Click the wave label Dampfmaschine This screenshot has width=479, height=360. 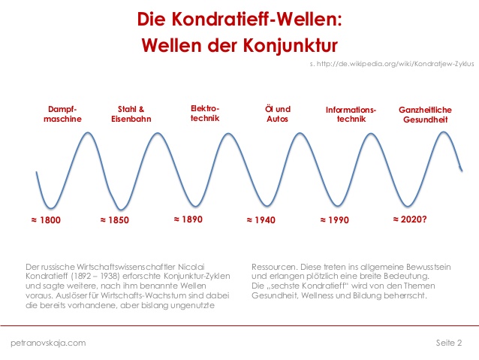[x=62, y=113]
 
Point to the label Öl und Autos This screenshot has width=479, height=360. [x=278, y=113]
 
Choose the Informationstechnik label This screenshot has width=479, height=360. [x=351, y=113]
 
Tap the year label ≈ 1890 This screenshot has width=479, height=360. [x=188, y=219]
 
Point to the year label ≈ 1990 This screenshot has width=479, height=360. [x=334, y=220]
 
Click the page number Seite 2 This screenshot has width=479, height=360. [x=449, y=343]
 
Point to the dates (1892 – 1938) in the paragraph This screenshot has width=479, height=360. [x=103, y=276]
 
